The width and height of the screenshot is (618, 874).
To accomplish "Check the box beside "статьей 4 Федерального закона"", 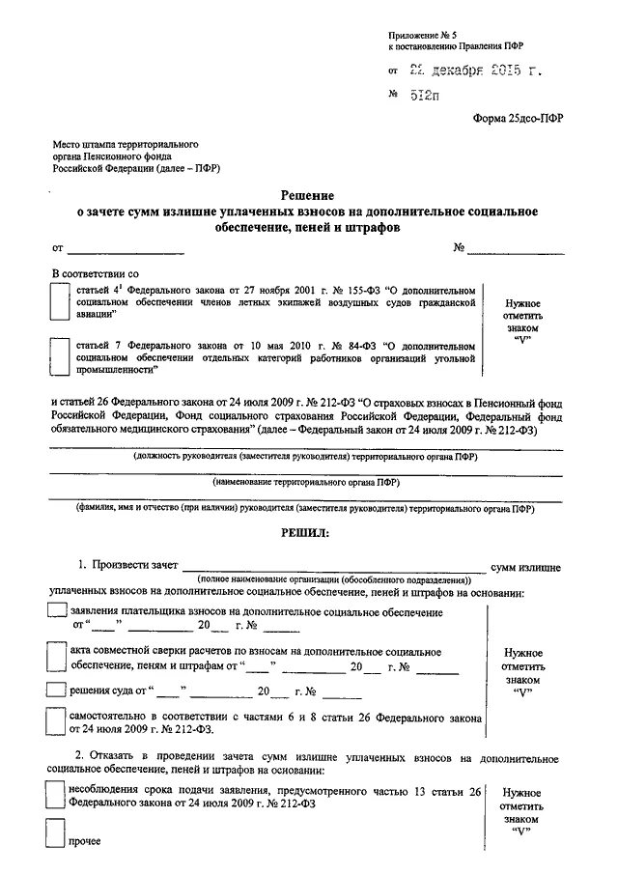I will (x=59, y=301).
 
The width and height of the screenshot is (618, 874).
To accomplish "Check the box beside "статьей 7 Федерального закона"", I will (x=59, y=355).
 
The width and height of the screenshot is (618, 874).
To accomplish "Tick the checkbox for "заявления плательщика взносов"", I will (x=58, y=612).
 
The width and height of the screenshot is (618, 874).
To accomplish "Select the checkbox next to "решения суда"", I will (x=58, y=691).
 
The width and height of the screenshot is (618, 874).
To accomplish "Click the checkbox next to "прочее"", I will (x=58, y=835).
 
